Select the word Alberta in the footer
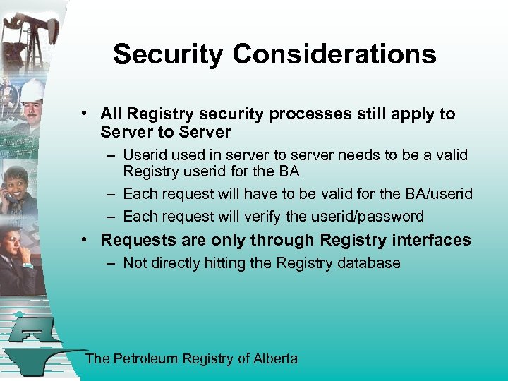(x=276, y=358)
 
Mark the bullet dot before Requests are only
(x=84, y=240)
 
